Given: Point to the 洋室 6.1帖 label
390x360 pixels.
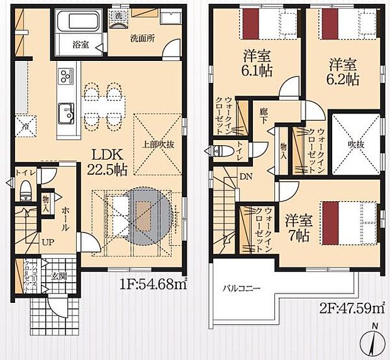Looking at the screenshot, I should tap(258, 63).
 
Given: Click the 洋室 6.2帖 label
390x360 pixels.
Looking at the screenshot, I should tap(343, 71).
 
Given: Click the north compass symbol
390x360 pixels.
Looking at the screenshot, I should tap(373, 341).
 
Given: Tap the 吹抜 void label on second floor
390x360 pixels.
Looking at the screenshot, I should tap(356, 144).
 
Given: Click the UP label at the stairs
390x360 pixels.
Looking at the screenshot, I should tap(48, 241).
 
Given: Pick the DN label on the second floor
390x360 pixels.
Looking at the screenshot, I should tap(246, 177).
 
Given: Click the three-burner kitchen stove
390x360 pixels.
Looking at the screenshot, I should tap(65, 77).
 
